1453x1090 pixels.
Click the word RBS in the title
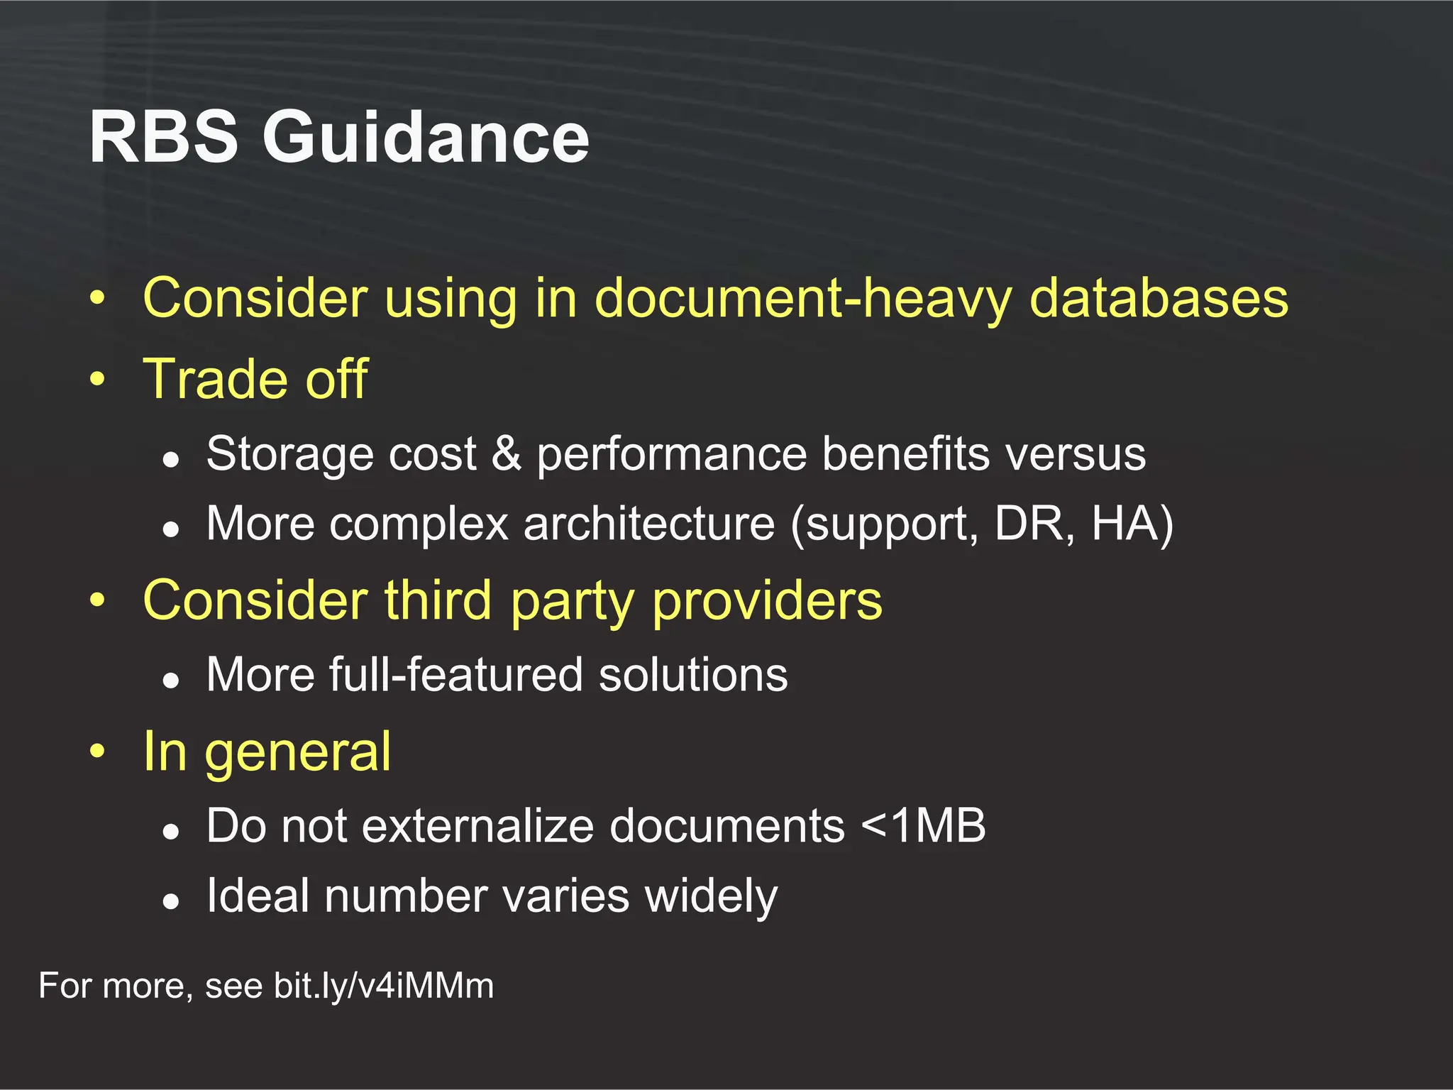pyautogui.click(x=163, y=138)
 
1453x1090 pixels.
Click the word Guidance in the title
pyautogui.click(x=426, y=138)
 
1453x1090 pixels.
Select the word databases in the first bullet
pyautogui.click(x=1158, y=298)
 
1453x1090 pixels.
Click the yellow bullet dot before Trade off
pyautogui.click(x=97, y=378)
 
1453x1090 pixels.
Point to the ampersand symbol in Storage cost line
pyautogui.click(x=506, y=454)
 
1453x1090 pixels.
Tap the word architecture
pyautogui.click(x=649, y=524)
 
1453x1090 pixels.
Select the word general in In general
pyautogui.click(x=298, y=752)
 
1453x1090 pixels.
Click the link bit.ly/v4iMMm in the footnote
pyautogui.click(x=384, y=986)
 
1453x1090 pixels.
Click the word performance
pyautogui.click(x=671, y=454)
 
